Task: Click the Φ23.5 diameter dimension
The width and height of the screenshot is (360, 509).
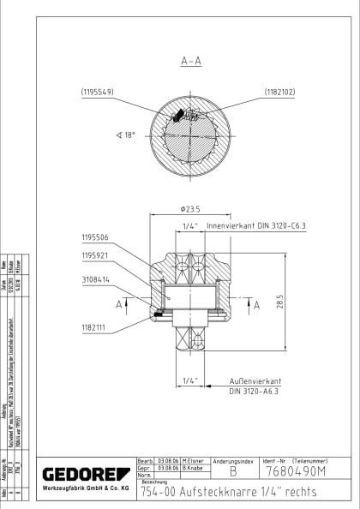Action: (190, 208)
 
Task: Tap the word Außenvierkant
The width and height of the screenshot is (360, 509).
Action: (256, 379)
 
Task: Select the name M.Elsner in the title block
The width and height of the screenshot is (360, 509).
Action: (191, 460)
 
